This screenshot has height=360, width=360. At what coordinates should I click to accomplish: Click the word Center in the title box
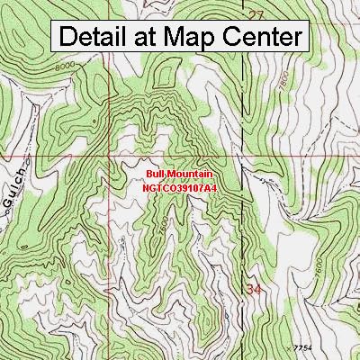[264, 38]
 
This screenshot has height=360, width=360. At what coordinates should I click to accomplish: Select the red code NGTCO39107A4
[180, 188]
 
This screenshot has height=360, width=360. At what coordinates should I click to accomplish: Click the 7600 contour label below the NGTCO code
[159, 236]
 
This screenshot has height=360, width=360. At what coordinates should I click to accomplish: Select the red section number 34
[255, 289]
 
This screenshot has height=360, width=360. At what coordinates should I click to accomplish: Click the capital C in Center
[233, 38]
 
